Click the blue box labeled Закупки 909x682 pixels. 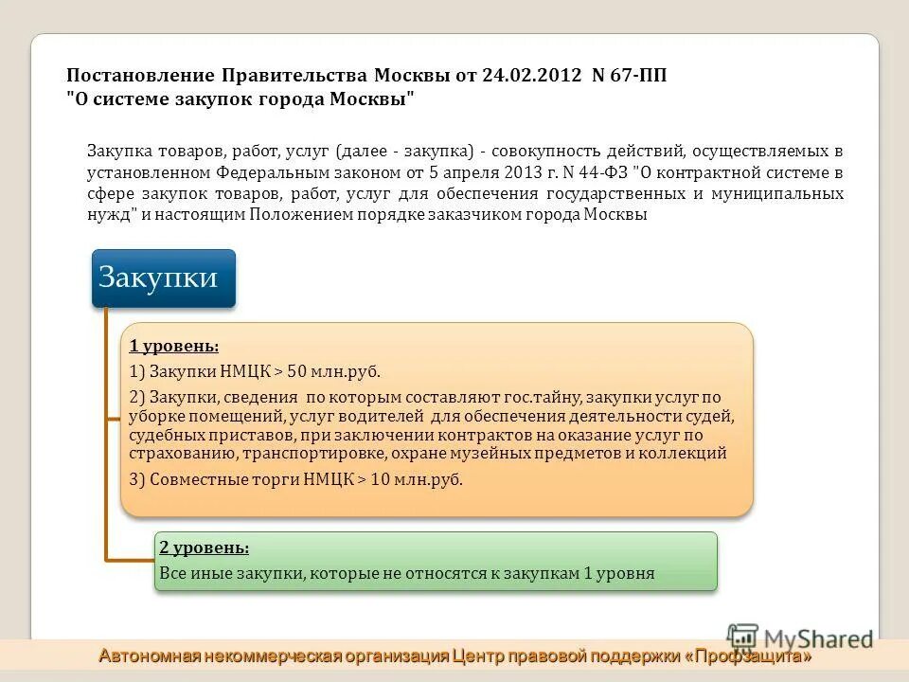(163, 278)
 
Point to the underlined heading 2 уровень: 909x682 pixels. (205, 547)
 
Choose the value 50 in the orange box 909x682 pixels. (296, 372)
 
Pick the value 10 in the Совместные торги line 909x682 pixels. (380, 479)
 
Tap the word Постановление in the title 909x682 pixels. (139, 76)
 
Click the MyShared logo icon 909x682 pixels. (743, 637)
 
